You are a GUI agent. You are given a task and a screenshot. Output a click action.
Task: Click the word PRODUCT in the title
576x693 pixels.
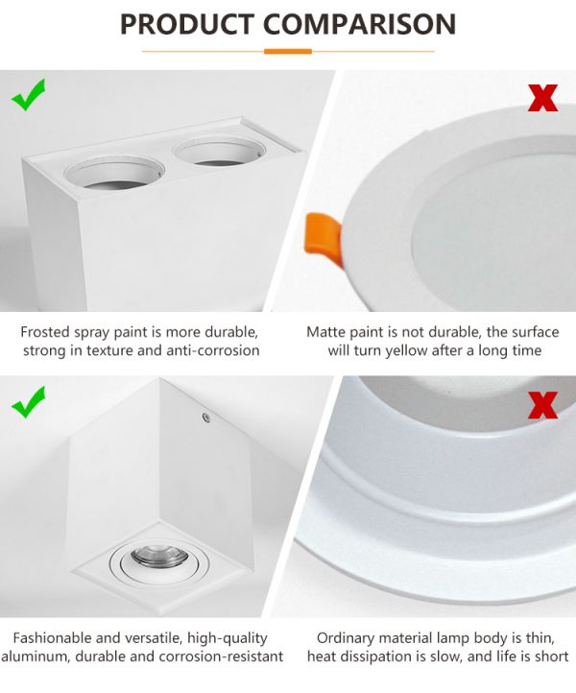[186, 24]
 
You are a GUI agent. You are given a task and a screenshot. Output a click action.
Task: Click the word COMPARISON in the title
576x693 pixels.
[359, 24]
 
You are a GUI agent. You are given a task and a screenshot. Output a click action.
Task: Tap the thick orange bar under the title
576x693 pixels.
[288, 51]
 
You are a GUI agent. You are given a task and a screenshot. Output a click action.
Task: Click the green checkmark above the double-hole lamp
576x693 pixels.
[28, 95]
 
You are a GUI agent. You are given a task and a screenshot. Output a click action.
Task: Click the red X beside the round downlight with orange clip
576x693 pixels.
[542, 98]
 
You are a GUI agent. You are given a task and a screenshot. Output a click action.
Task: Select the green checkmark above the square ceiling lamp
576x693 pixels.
[28, 402]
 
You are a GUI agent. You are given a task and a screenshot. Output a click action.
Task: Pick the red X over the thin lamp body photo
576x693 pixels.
[542, 405]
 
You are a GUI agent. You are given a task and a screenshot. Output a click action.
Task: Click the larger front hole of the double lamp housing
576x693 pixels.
[114, 173]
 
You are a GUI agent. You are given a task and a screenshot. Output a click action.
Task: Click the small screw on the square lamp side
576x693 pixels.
[206, 417]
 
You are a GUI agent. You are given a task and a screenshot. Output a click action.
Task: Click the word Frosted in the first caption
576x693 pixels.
[45, 332]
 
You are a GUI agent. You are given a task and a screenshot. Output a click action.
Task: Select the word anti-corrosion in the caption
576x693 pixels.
[213, 350]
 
